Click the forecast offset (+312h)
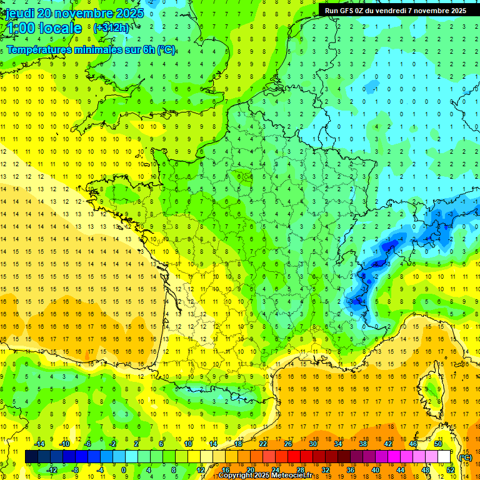111,27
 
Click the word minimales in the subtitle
92,50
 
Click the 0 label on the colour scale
124,470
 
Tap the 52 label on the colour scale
450,470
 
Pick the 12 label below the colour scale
201,470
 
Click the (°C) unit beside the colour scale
465,457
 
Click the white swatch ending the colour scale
444,457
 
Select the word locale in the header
59,28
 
